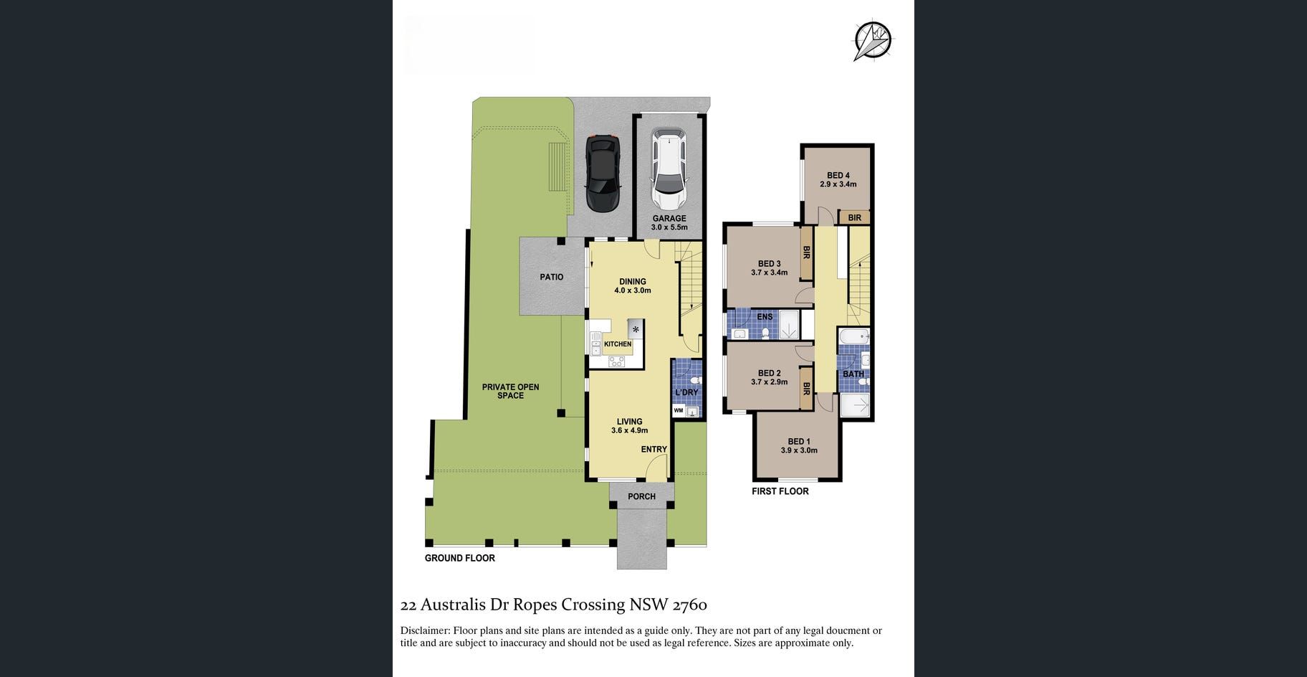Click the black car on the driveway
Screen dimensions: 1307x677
(x=603, y=174)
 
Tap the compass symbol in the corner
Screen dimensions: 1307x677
(x=873, y=40)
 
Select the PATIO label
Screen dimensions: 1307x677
(x=552, y=277)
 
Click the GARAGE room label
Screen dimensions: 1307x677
(x=669, y=219)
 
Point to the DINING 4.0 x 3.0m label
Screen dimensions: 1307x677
(x=633, y=286)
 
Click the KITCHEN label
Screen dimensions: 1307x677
(x=618, y=344)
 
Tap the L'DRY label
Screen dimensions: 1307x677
(x=686, y=392)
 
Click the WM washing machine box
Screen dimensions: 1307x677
(x=679, y=411)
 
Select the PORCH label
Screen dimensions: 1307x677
(x=641, y=496)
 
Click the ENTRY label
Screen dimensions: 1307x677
(x=653, y=450)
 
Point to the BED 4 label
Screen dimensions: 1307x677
(x=838, y=176)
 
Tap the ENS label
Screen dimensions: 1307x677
(x=765, y=317)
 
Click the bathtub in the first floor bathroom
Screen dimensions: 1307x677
(x=853, y=336)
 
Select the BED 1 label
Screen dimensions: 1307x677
(x=799, y=442)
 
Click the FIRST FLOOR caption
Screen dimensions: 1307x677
(x=780, y=491)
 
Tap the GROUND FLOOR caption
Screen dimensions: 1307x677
(x=460, y=558)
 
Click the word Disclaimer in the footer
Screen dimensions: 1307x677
(x=424, y=631)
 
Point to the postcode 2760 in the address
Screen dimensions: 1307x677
(x=690, y=605)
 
